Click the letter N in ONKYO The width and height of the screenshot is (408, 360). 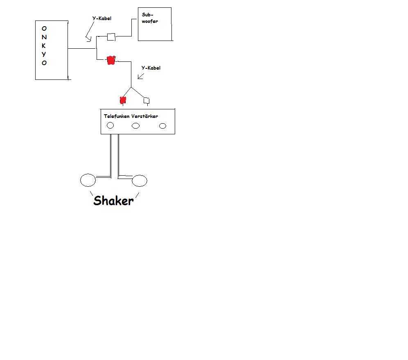tap(44, 37)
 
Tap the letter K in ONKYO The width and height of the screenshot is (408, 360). tap(44, 45)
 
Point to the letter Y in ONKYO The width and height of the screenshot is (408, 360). tap(44, 54)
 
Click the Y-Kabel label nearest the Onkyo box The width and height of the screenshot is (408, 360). tap(101, 18)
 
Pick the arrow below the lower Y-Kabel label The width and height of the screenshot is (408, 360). tap(141, 76)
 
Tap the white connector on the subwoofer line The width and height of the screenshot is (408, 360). tap(111, 37)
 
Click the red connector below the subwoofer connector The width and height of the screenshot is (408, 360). tap(110, 61)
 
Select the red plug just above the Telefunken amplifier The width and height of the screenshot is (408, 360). tap(122, 100)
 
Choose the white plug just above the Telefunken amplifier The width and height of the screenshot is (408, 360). tap(146, 100)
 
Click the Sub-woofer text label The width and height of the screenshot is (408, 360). tap(150, 18)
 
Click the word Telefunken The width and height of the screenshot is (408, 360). tap(117, 116)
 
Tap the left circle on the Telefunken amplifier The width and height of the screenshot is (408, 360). tap(110, 126)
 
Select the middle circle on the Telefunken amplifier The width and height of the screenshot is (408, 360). tap(135, 126)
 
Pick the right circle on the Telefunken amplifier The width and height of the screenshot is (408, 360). tap(162, 126)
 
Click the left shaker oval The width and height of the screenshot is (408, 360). tap(88, 180)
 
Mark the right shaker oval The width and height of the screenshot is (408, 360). tap(140, 180)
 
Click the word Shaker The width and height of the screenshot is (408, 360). tap(113, 201)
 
